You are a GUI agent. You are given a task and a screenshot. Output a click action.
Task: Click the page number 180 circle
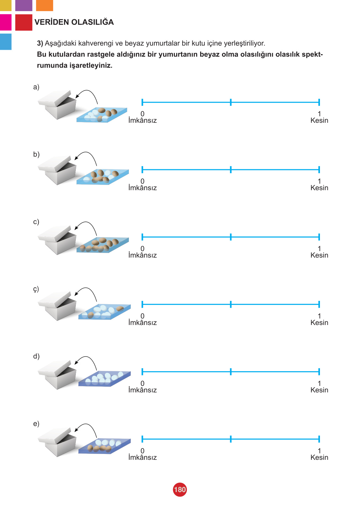coord(180,489)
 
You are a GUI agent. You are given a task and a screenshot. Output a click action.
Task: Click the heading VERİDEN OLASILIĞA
coord(74,22)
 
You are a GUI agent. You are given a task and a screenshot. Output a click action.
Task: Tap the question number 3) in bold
coord(40,43)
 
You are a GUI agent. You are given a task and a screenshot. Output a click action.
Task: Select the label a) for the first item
coord(36,87)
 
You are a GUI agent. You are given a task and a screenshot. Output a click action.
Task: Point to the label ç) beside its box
coord(36,289)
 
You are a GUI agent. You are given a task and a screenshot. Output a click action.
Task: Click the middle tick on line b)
coord(230,169)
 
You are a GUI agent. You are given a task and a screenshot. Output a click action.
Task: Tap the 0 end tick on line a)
coord(142,102)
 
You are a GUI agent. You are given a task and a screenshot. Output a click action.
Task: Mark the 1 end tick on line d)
coord(319,372)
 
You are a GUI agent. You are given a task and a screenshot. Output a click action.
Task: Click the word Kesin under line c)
coord(319,255)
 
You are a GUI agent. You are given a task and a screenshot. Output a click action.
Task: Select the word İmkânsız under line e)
coord(142,457)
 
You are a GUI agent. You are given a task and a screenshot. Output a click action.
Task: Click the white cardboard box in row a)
coord(57,105)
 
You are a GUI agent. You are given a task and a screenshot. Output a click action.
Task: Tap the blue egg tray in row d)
coord(104,378)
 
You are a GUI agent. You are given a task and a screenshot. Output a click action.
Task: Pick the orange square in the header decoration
coord(45,6)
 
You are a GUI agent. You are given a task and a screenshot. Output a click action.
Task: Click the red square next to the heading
coord(23,22)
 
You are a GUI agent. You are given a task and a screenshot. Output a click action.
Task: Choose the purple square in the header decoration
coord(23,6)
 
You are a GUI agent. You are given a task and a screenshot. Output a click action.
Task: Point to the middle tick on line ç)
coord(230,304)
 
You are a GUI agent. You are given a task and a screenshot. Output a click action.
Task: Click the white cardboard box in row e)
coord(57,442)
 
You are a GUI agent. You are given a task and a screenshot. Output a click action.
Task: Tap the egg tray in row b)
coord(103,176)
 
